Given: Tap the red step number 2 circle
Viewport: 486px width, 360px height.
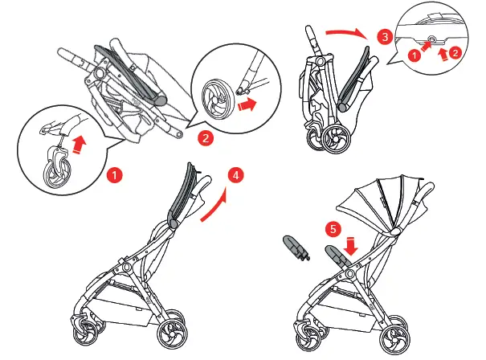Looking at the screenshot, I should click(x=205, y=138).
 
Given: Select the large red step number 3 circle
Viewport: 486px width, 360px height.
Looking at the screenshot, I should click(x=385, y=37).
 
